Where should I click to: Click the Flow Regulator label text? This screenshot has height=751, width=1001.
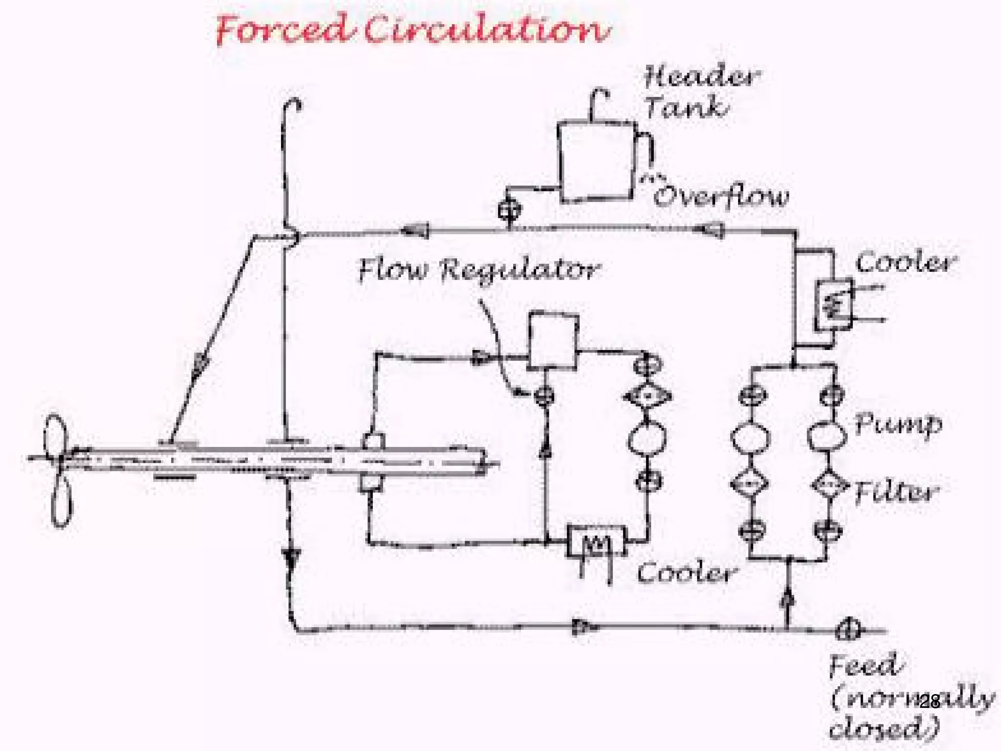point(479,270)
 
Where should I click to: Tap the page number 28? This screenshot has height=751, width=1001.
point(929,701)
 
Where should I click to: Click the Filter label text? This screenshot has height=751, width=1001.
point(896,492)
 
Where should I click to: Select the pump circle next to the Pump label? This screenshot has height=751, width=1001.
point(826,436)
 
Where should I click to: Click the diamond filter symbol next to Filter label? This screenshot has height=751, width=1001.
point(829,485)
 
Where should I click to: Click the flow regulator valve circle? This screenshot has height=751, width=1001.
point(544,395)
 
